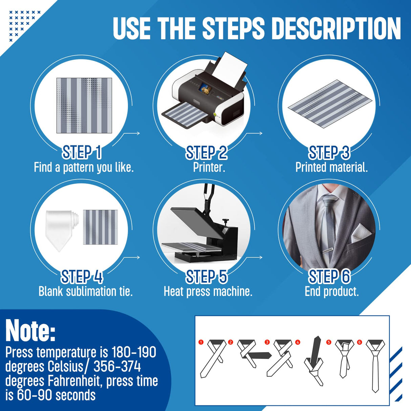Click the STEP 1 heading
point(82,152)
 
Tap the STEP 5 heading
point(207,277)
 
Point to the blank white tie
point(60,230)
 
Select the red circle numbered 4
point(298,342)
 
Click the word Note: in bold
point(30,330)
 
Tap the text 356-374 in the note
point(117,367)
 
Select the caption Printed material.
point(331,167)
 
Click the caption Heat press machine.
point(208,291)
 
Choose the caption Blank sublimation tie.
point(85,291)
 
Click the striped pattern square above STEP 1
point(84,105)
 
